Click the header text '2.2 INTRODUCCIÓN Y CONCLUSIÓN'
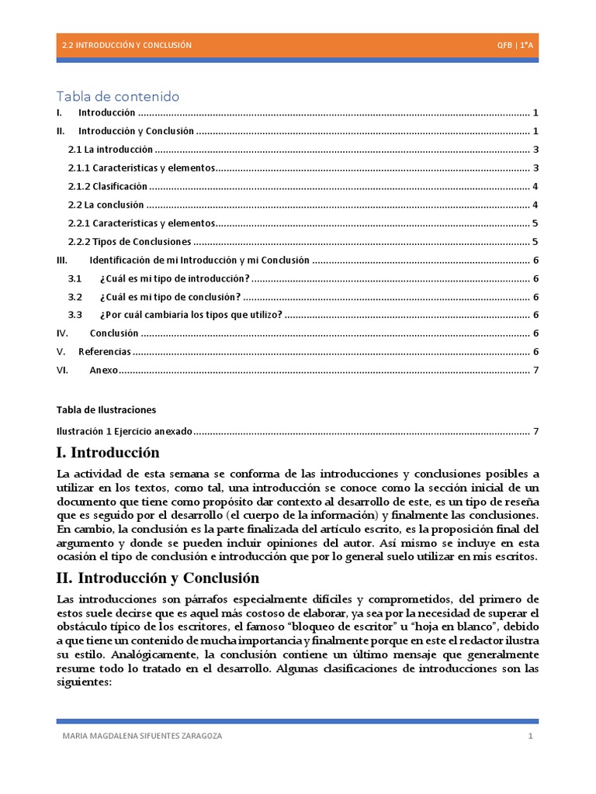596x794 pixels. coord(126,46)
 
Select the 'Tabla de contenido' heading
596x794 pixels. coord(118,96)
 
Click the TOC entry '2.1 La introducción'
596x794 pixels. coord(110,150)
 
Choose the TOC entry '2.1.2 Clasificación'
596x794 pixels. coord(107,187)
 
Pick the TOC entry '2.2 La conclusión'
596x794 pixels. coord(106,205)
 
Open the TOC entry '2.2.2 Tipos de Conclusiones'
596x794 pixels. coord(129,242)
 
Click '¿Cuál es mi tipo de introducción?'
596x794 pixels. coord(175,278)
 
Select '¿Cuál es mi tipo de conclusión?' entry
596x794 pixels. coord(170,297)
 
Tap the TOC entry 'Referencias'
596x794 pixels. coord(104,352)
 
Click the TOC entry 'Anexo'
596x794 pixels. coord(104,371)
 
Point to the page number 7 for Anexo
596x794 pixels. coord(535,371)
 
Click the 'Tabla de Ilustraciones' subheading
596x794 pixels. coord(106,409)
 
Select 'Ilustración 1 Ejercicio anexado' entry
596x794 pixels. coord(124,431)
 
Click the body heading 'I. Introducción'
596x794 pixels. coord(108,453)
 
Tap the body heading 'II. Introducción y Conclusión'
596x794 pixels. coord(158,578)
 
